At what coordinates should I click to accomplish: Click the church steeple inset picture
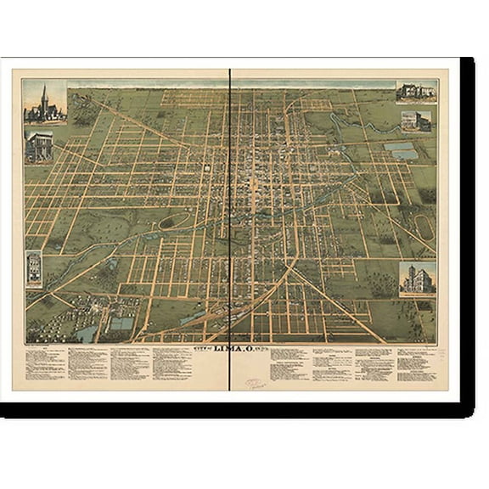(45, 104)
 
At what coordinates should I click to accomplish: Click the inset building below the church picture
(38, 146)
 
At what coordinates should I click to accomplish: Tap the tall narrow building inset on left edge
(34, 268)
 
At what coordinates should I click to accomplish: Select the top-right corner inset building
(417, 91)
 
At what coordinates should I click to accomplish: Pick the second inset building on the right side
(416, 121)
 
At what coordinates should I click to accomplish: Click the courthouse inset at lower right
(417, 278)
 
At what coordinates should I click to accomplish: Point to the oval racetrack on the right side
(423, 225)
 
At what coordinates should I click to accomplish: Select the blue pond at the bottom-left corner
(87, 334)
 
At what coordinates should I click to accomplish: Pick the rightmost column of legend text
(416, 361)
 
